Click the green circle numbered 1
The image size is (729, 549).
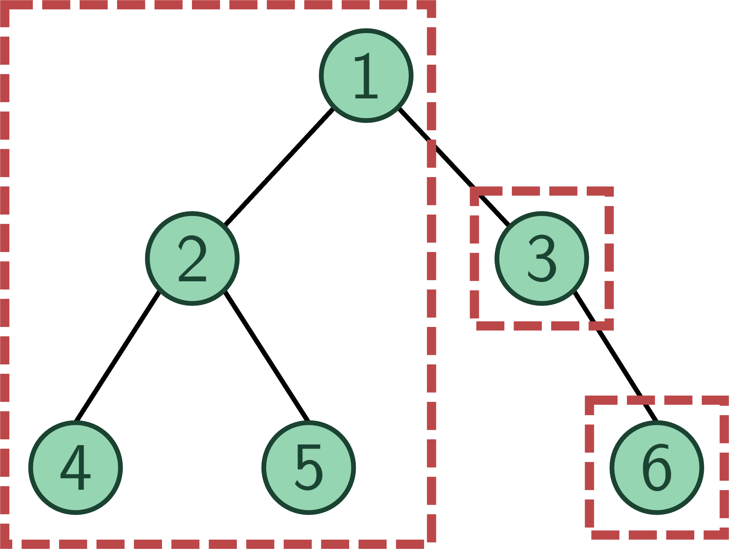[366, 76]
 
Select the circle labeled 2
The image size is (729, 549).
[192, 258]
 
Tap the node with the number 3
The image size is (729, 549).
[542, 258]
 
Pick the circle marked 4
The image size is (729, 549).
[76, 468]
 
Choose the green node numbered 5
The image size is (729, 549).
[309, 468]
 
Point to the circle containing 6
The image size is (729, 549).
[657, 468]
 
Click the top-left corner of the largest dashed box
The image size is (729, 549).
[4, 4]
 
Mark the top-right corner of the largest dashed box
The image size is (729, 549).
[431, 4]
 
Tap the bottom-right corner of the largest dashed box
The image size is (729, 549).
[431, 544]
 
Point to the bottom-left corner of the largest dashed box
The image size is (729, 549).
[4, 544]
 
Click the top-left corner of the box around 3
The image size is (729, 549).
[474, 191]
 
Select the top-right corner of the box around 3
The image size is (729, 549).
[609, 191]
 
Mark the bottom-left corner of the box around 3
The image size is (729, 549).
[474, 326]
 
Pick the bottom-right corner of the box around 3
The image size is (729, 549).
[609, 326]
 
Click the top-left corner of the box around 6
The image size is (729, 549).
[589, 400]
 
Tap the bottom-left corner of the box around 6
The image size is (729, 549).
[589, 535]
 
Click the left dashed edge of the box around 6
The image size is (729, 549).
[589, 468]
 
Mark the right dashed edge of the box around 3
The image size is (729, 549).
[609, 258]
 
